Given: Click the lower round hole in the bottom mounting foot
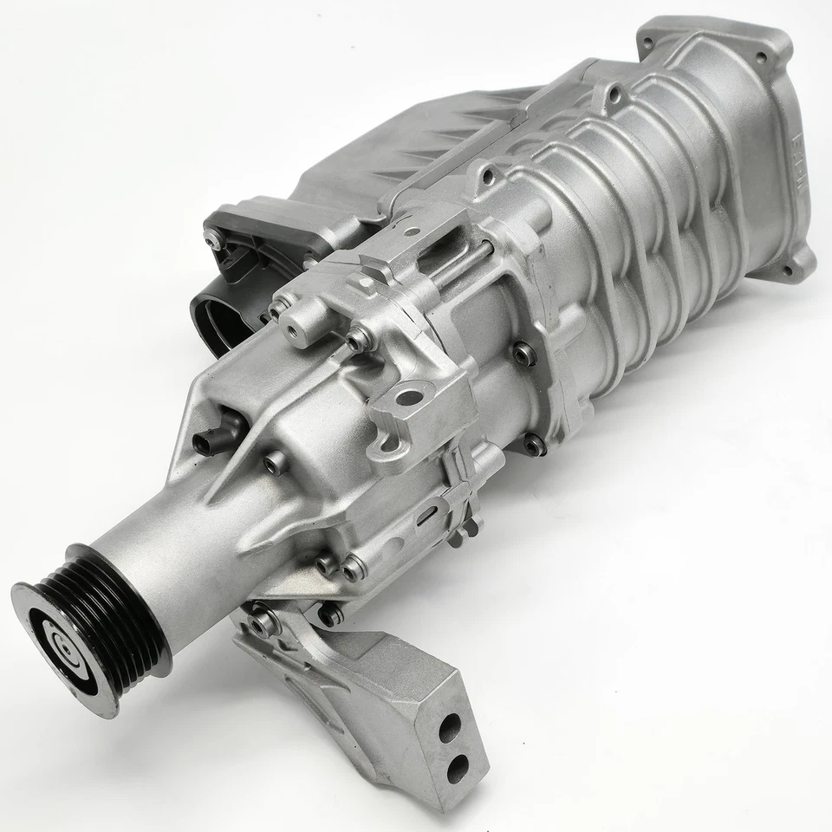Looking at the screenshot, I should (457, 766).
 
